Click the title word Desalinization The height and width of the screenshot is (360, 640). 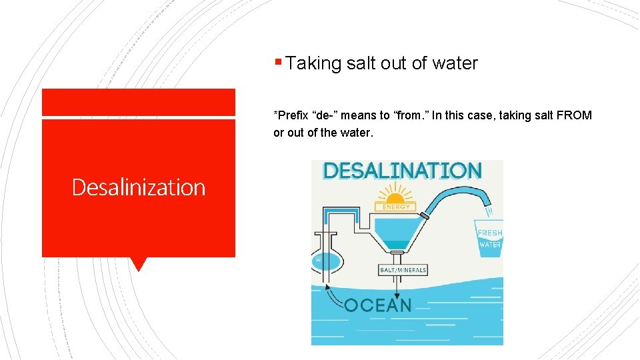pos(139,187)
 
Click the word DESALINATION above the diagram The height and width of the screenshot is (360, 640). pos(402,171)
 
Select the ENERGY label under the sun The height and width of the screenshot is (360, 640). pos(396,207)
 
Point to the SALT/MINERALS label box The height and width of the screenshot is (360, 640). pos(403,270)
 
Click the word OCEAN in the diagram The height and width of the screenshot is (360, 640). pos(377,305)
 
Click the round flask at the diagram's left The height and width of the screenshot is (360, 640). pos(325,262)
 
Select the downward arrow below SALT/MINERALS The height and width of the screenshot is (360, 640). pos(398,287)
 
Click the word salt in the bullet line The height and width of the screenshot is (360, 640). pos(362,63)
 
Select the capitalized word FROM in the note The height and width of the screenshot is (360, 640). pos(574,115)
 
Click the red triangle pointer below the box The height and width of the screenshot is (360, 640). pos(139,264)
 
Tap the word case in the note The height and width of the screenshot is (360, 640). pos(478,115)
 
